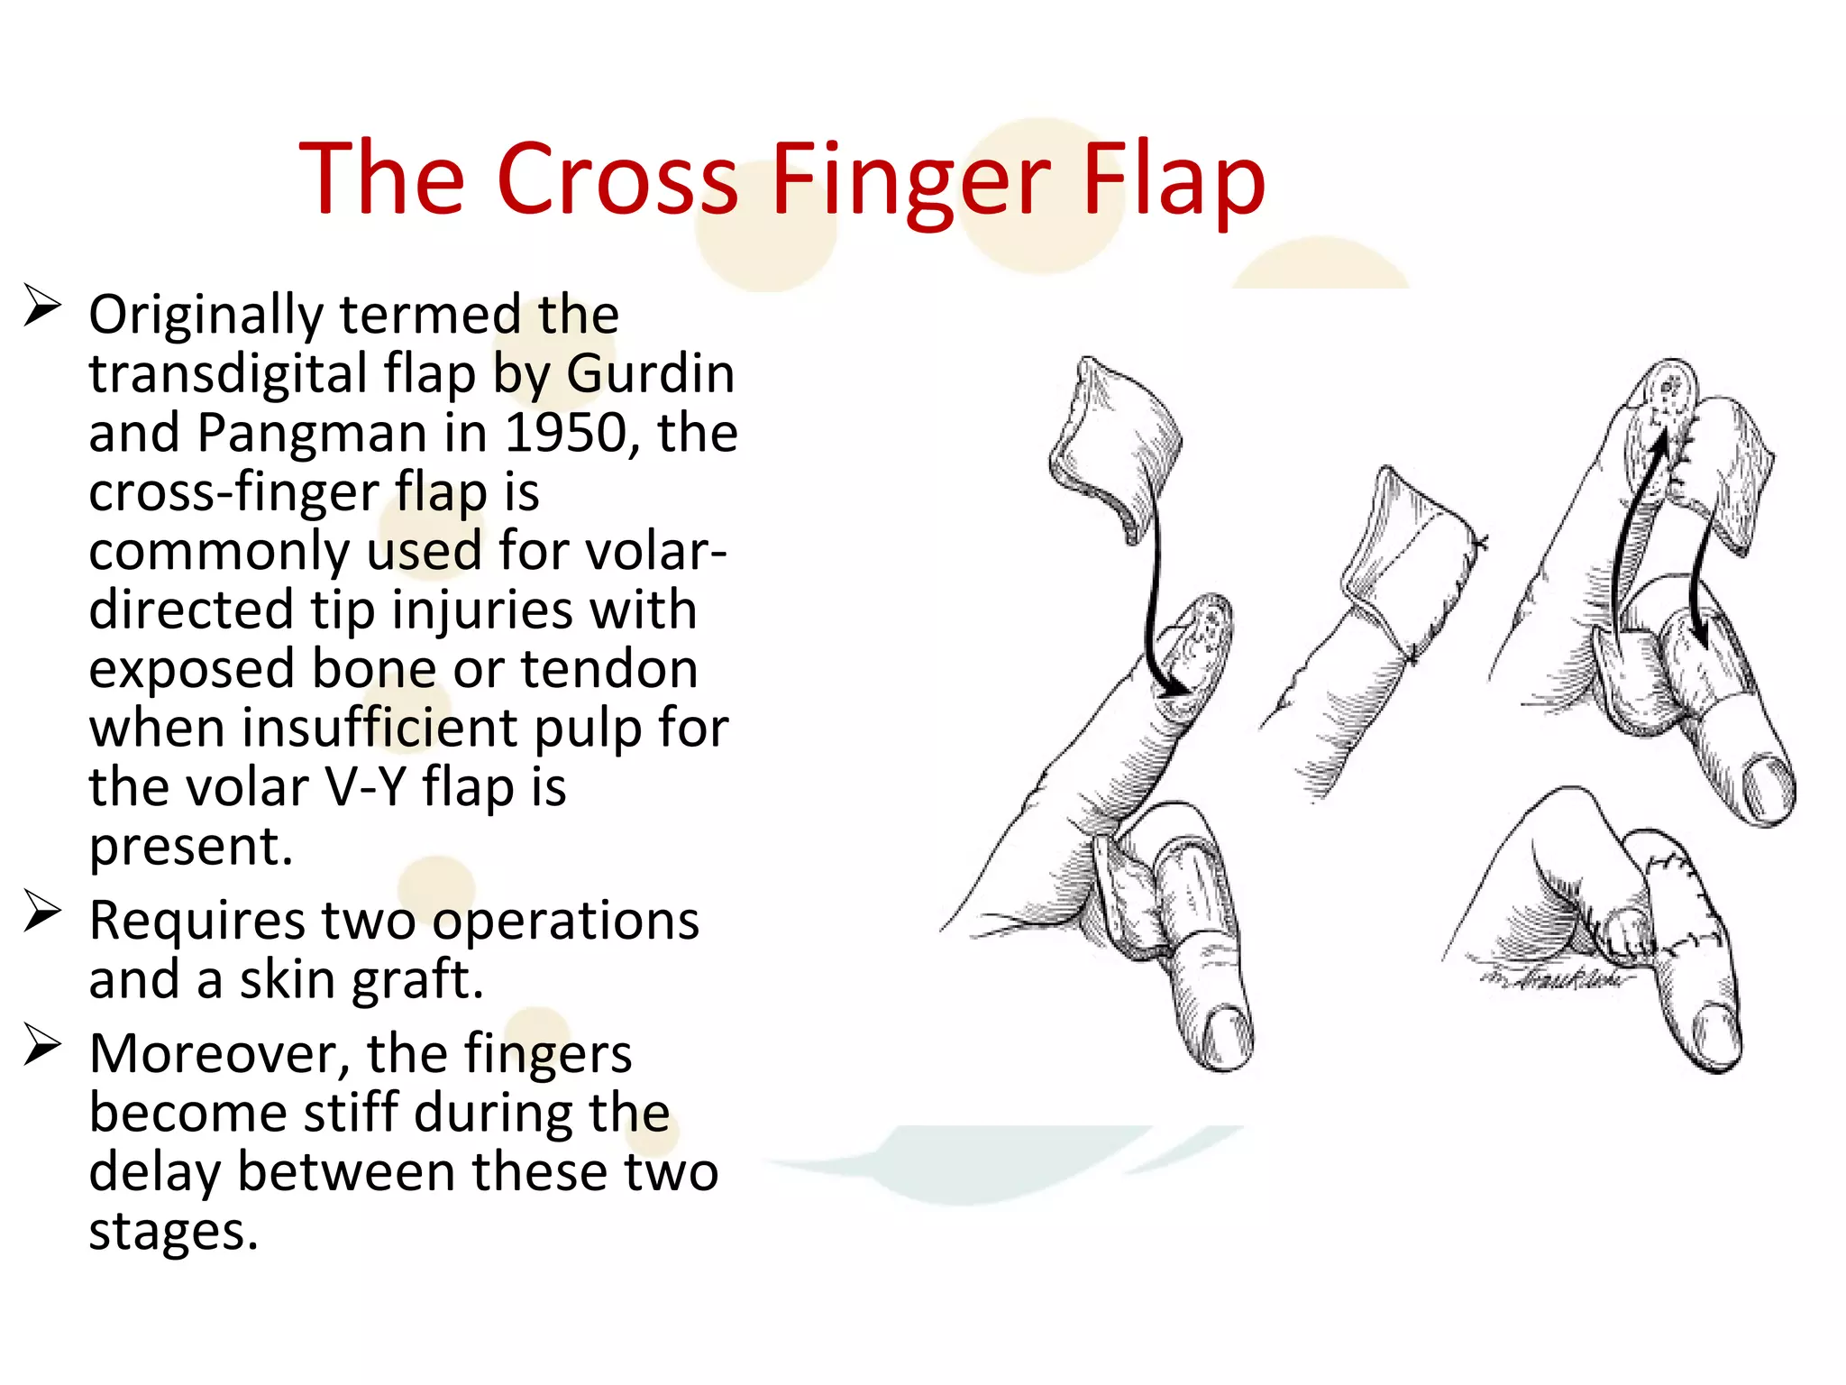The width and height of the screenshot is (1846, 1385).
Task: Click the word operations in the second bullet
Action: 565,921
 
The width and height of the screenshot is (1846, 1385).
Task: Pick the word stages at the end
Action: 173,1231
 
